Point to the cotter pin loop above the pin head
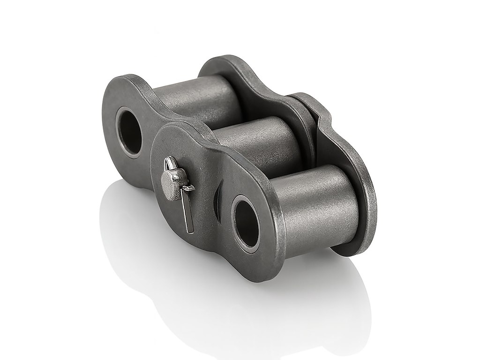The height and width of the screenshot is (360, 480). coord(170,164)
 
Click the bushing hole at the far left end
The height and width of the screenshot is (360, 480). coord(129,131)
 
